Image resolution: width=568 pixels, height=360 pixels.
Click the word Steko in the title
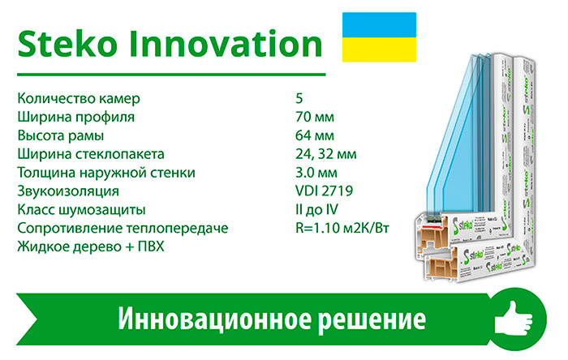coord(67,44)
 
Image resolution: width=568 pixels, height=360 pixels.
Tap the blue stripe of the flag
coord(379,25)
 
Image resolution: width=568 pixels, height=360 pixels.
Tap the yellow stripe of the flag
coord(379,49)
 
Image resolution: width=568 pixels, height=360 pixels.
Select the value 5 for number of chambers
coord(299,98)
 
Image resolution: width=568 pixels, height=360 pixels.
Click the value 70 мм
coord(315,117)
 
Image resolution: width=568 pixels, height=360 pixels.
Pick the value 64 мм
coord(315,135)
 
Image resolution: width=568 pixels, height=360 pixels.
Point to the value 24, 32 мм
coord(326,154)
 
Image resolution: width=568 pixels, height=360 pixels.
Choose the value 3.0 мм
coord(316,173)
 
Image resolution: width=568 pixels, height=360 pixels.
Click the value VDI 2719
coord(325,191)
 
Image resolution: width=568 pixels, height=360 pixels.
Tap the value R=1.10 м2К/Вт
coord(342,229)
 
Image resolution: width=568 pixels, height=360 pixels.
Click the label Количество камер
coord(79,98)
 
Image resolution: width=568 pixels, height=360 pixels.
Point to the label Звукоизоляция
coord(68,191)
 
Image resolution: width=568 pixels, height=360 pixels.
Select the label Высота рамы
coord(61,135)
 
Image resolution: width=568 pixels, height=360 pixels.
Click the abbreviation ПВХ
coord(151,246)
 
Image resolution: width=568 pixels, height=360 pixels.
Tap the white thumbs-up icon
coord(514,319)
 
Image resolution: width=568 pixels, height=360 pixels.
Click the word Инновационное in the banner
coord(214,319)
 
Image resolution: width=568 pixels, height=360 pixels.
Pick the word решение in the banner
coord(372,319)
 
